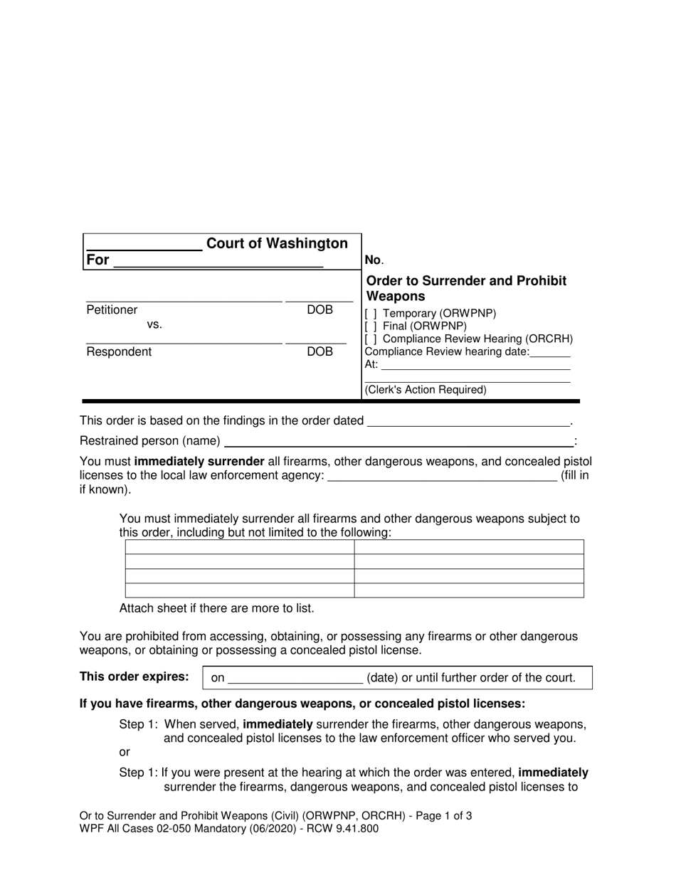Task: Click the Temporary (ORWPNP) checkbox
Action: pos(371,314)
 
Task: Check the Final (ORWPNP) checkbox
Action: pos(371,327)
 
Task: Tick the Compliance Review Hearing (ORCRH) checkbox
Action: pos(371,339)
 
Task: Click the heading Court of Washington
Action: pos(277,244)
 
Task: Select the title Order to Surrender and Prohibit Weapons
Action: pos(466,288)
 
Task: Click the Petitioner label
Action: pos(112,310)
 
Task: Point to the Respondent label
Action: pos(119,352)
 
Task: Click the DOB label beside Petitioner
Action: pos(319,310)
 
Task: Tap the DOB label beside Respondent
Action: pos(319,352)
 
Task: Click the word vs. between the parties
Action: pos(154,325)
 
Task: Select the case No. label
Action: pos(374,260)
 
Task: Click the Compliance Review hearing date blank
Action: pos(550,353)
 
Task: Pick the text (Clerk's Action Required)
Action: pos(426,390)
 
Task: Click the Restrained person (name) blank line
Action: pos(398,442)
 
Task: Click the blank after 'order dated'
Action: pos(468,422)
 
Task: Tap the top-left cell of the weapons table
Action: pos(239,546)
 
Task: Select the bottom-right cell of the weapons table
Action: pos(469,590)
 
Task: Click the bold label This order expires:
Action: pos(134,677)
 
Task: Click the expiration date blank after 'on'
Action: pos(295,679)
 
